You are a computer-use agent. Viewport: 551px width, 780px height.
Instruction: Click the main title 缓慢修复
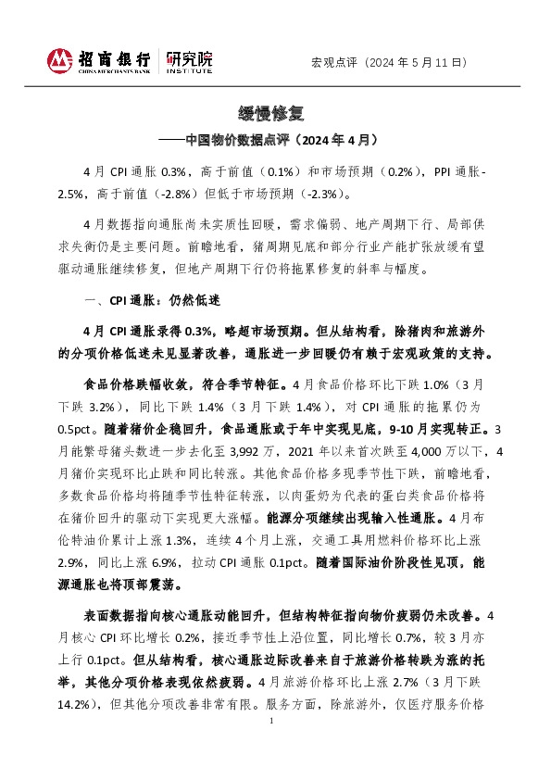click(275, 115)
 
